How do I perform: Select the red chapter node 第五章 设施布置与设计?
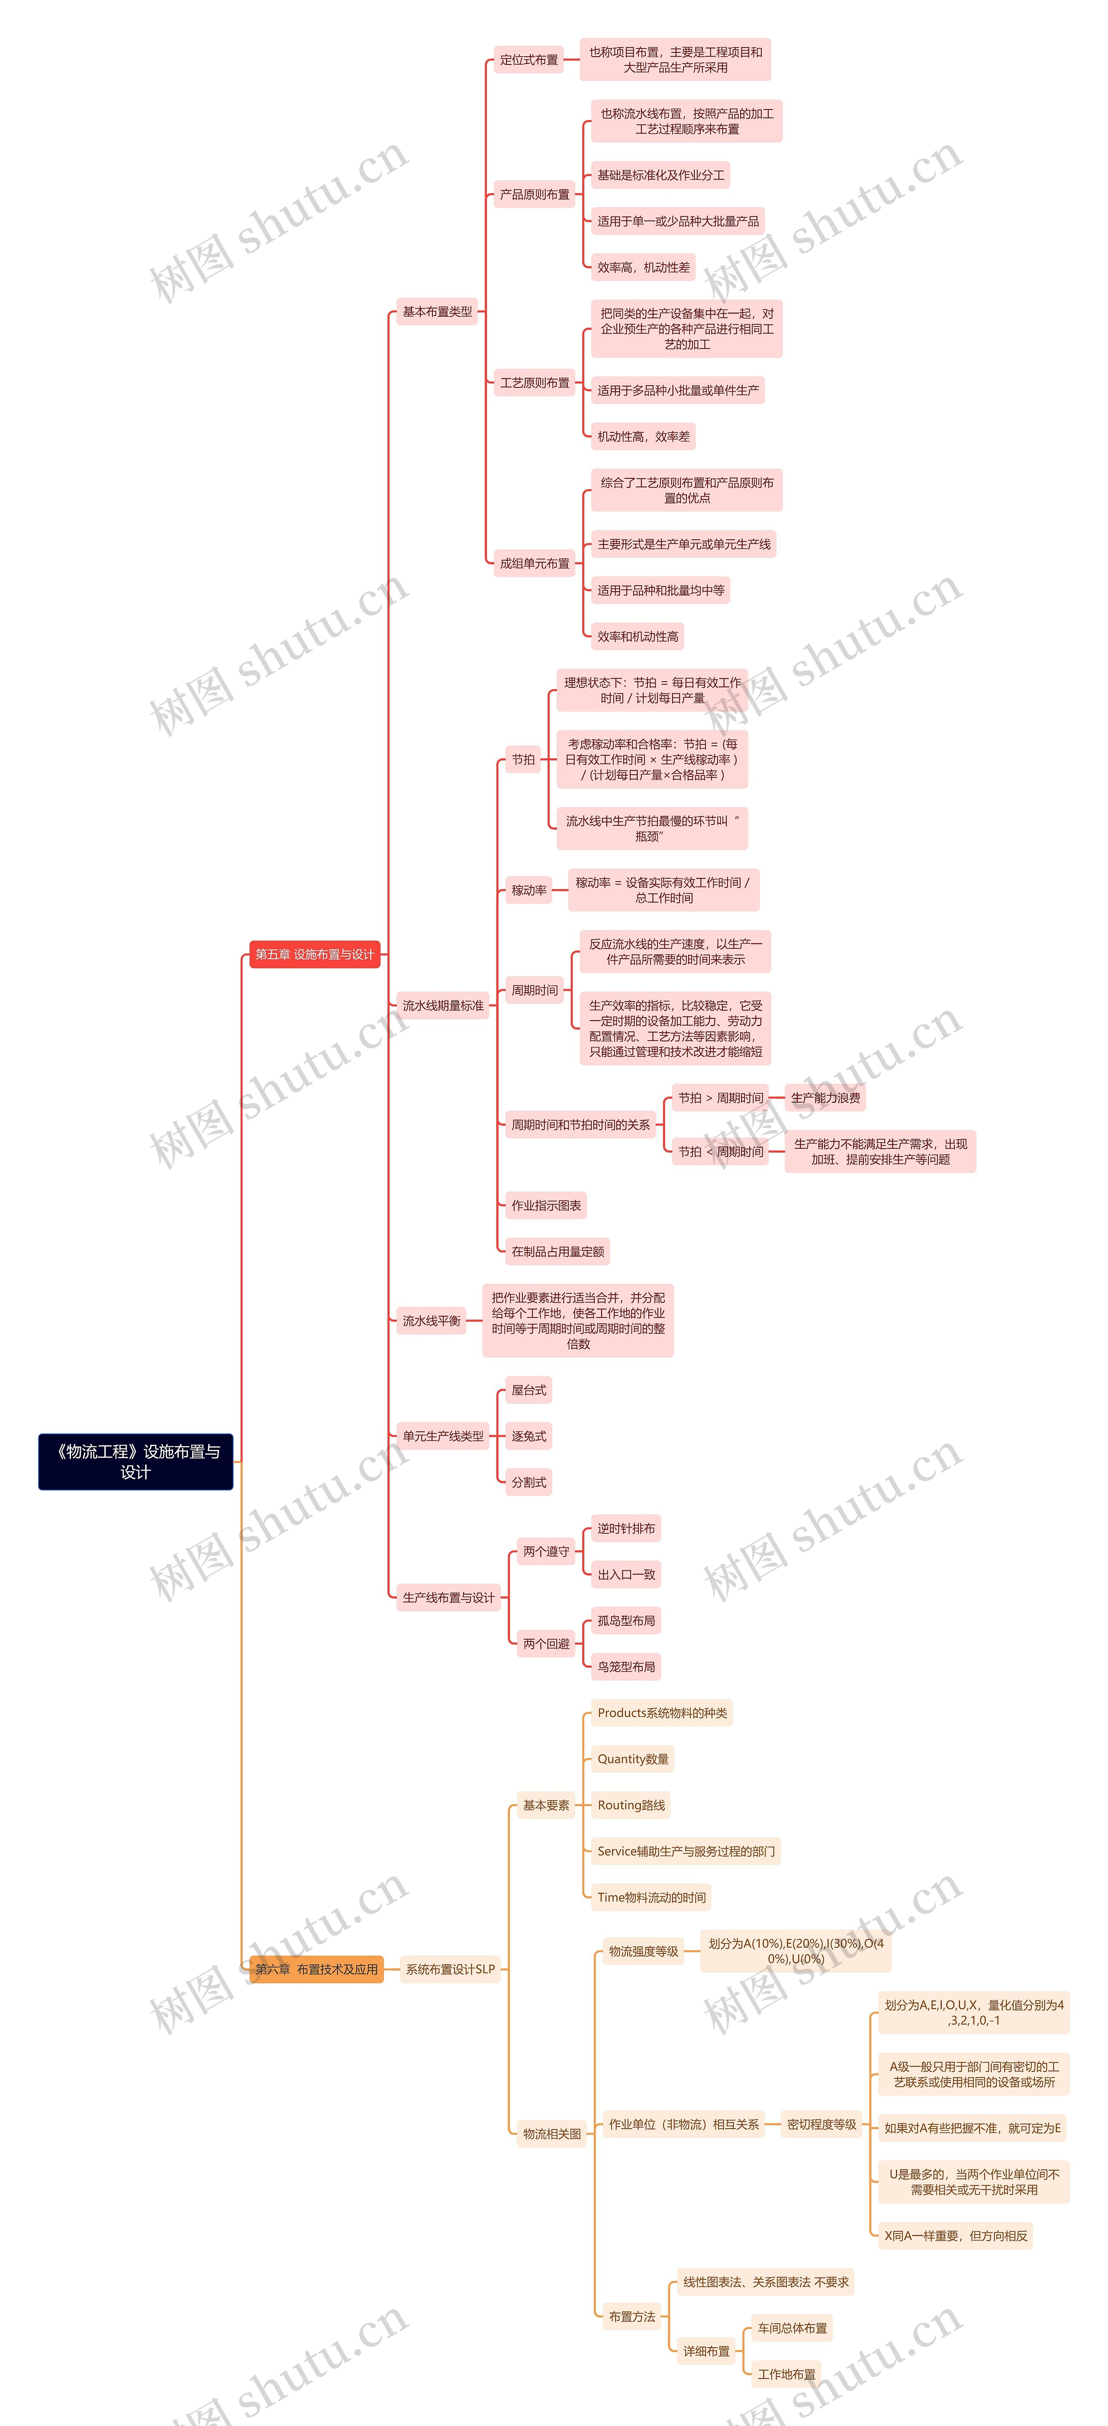[x=314, y=954]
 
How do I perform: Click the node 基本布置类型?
[x=437, y=312]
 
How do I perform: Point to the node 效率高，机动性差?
[x=643, y=267]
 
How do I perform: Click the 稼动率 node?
[x=528, y=890]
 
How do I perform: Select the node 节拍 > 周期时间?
[x=720, y=1098]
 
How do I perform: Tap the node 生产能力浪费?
[x=825, y=1098]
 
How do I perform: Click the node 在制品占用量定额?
[x=557, y=1252]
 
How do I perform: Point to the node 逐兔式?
[x=528, y=1436]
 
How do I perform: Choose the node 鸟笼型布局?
[x=626, y=1667]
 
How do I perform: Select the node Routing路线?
[x=631, y=1805]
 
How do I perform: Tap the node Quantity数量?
[x=633, y=1759]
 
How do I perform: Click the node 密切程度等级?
[x=822, y=2125]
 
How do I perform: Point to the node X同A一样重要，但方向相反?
[x=954, y=2236]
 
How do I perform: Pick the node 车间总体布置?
[x=792, y=2328]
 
